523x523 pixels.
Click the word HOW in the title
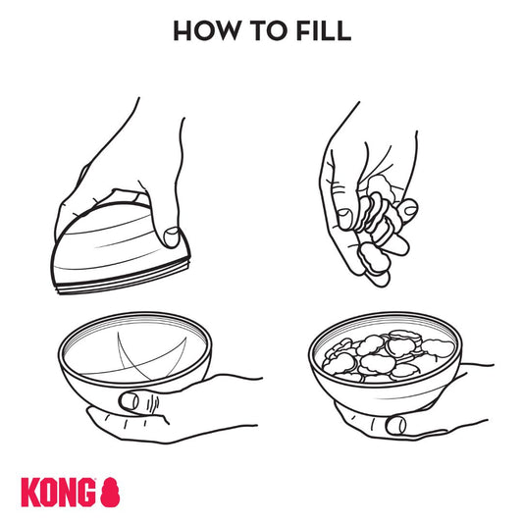pos(206,30)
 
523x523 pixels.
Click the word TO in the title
pos(268,30)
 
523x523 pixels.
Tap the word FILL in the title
pos(324,30)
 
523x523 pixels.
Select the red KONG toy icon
pos(110,492)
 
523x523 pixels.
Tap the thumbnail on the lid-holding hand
pos(172,237)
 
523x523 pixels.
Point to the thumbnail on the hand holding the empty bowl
pos(130,401)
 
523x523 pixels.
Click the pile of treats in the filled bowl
pos(389,356)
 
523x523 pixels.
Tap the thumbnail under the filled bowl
pos(395,425)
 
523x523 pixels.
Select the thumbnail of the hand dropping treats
pos(344,219)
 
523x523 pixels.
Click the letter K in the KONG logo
pos(30,493)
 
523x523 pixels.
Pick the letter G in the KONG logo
pos(86,493)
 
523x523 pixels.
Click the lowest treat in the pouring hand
pos(373,257)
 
